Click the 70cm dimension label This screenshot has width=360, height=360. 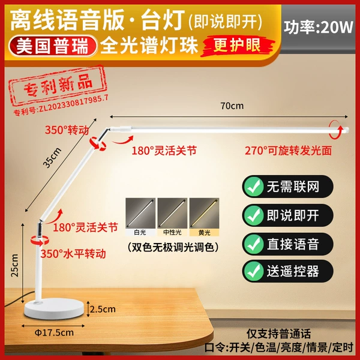(232, 106)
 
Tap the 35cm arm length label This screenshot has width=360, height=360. (52, 158)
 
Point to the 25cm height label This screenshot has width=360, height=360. (14, 265)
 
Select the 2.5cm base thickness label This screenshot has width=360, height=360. (103, 309)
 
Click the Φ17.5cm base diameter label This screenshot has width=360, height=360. (54, 332)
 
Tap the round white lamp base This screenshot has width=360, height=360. (54, 308)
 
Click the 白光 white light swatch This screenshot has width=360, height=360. (140, 217)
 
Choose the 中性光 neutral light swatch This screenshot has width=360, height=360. (172, 217)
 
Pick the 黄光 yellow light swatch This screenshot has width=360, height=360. (204, 217)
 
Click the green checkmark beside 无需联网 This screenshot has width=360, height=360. (253, 187)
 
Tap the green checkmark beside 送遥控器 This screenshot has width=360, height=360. (253, 271)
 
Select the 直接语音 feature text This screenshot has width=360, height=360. (293, 244)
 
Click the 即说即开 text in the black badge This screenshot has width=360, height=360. (293, 215)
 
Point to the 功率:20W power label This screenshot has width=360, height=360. (318, 28)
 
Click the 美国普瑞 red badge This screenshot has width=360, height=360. (53, 46)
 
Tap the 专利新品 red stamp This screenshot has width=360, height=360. (59, 85)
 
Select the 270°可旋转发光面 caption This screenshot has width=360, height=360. (288, 151)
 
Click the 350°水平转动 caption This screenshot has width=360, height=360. (73, 254)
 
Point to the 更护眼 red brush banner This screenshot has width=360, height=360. (238, 45)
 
